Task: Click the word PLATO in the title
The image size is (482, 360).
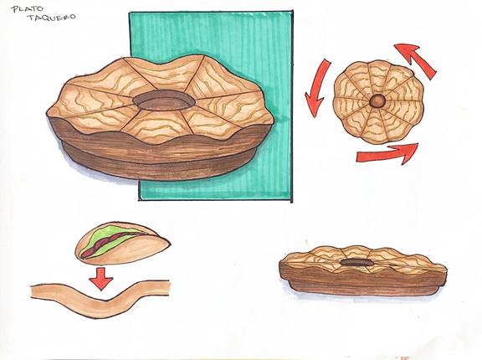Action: (27, 8)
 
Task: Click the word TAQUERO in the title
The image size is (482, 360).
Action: (51, 17)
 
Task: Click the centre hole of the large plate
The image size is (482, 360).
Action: (164, 100)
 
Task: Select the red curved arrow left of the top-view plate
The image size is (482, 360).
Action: (316, 88)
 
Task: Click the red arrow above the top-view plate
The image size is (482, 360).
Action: (416, 59)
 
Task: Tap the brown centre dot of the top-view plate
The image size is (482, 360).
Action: (377, 100)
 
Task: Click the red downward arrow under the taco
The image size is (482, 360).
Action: (101, 278)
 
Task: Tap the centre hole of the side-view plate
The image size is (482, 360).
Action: (356, 263)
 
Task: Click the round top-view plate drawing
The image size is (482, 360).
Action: (379, 102)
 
